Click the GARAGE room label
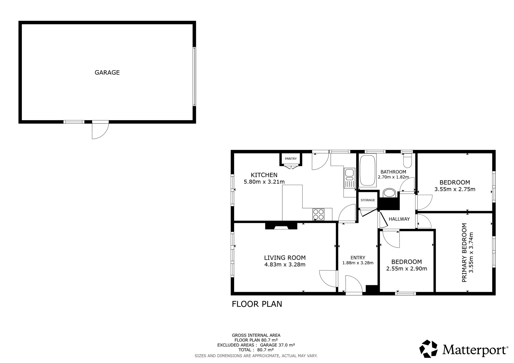pos(107,72)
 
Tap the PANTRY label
pos(291,159)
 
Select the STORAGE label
pos(368,200)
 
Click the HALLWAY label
pos(399,219)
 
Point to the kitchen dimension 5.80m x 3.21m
pos(264,182)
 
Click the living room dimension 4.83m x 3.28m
pos(285,264)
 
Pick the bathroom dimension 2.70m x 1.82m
pos(393,177)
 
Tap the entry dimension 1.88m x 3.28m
pos(358,263)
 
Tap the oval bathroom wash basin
pos(389,193)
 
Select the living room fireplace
pos(281,226)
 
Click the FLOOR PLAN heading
pos(257,304)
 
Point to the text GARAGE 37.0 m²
pos(277,345)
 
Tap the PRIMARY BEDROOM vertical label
pos(464,252)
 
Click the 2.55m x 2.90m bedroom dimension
pos(407,269)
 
